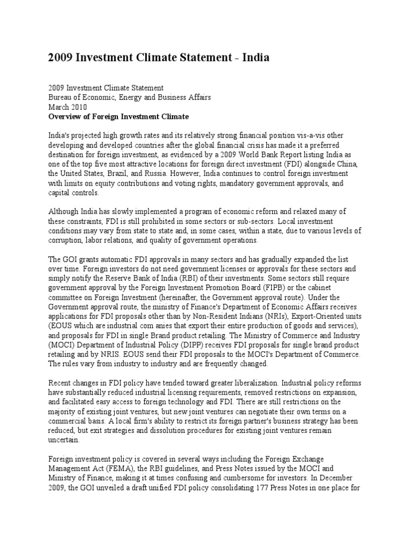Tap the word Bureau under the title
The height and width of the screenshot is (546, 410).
[x=62, y=97]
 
